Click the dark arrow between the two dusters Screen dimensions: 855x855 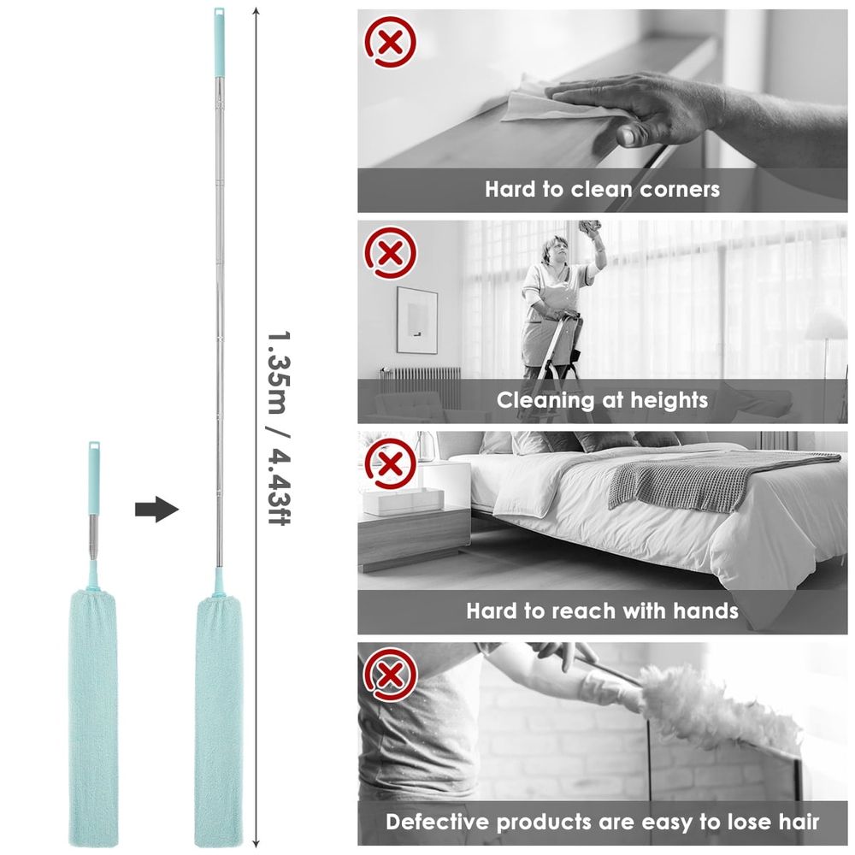click(156, 510)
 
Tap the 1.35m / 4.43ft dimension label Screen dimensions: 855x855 click(279, 427)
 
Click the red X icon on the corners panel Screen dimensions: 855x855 click(391, 42)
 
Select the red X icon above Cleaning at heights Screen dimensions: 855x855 click(391, 253)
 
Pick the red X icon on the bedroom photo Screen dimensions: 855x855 click(391, 464)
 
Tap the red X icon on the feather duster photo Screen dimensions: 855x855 click(391, 675)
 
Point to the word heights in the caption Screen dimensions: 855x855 click(669, 400)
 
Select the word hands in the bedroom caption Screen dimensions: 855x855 click(705, 610)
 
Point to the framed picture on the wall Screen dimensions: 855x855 click(416, 320)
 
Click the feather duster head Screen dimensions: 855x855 click(714, 704)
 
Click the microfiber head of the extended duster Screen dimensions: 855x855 click(218, 721)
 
